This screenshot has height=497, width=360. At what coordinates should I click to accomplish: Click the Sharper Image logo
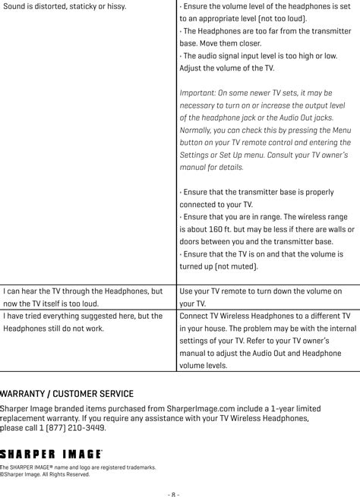[51, 452]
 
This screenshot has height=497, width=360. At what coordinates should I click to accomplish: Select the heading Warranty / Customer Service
[67, 394]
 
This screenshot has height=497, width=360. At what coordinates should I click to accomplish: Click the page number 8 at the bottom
[173, 491]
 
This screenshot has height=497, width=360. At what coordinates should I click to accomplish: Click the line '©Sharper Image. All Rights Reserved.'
[45, 474]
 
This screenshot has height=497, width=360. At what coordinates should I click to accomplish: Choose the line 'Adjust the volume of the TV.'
[226, 68]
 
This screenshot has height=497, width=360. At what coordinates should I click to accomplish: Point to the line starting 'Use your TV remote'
[260, 291]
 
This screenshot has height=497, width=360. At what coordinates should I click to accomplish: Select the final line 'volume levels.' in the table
[203, 365]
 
